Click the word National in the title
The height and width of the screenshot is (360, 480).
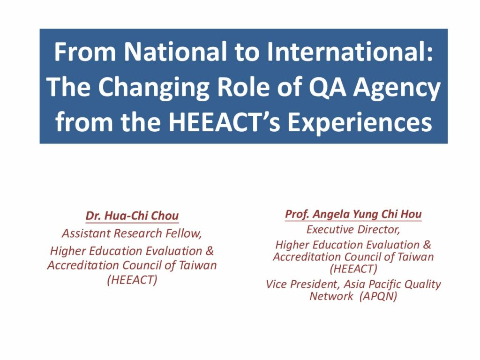(175, 52)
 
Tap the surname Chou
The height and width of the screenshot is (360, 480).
(165, 216)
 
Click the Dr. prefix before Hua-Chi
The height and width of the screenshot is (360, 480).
(93, 216)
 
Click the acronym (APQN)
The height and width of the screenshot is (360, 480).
(378, 296)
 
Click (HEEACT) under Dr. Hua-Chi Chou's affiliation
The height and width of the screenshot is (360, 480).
(132, 280)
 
